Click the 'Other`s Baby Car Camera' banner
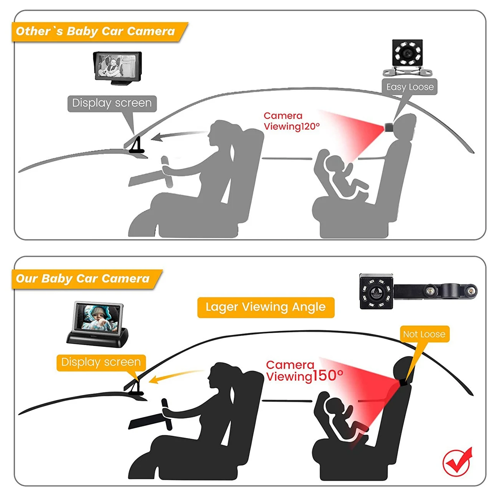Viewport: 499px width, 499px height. click(100, 32)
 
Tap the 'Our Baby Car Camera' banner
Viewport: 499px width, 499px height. click(87, 279)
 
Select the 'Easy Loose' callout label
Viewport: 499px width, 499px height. click(410, 87)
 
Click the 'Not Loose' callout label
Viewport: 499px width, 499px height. click(424, 334)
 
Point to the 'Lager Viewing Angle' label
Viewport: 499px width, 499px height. click(266, 307)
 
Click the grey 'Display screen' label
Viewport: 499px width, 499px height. click(112, 103)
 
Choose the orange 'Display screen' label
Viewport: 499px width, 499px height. click(101, 362)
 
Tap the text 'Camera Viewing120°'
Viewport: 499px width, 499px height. click(292, 121)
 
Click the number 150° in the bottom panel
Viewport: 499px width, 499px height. click(328, 376)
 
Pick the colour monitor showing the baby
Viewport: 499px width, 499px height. click(97, 324)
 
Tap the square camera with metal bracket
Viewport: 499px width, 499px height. click(407, 58)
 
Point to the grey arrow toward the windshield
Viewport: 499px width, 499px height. click(178, 135)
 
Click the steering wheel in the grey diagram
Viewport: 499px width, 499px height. click(167, 172)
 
